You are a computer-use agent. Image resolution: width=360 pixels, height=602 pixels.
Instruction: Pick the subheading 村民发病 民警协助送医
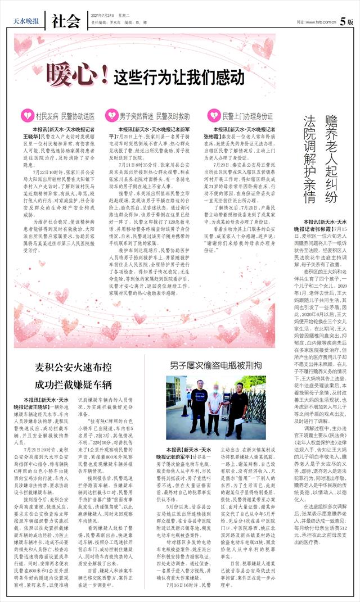tap(64, 116)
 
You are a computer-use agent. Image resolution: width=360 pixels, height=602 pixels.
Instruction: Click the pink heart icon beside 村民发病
tap(26, 116)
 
